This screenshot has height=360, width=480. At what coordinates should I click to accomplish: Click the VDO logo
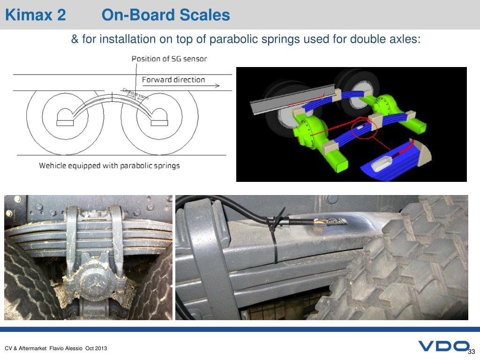(x=443, y=346)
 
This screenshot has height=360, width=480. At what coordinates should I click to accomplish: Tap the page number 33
(x=472, y=352)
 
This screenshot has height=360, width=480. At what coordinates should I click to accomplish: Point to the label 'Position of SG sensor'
(x=169, y=59)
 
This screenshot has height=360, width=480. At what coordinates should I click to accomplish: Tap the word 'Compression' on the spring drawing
(x=135, y=94)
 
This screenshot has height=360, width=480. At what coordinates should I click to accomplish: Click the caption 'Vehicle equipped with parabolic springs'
(x=109, y=165)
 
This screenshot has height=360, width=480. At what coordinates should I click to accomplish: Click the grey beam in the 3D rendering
(x=292, y=99)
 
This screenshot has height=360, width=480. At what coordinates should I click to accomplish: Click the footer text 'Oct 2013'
(x=96, y=348)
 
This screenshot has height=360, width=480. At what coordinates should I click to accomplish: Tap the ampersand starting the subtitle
(x=75, y=39)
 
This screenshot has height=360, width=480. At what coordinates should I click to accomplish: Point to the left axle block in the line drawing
(x=65, y=117)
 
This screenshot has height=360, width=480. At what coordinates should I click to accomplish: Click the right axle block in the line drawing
(x=159, y=117)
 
